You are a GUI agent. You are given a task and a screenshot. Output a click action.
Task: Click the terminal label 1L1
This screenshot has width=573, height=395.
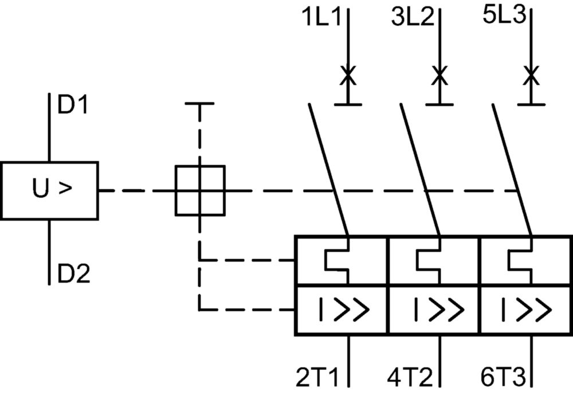click(321, 17)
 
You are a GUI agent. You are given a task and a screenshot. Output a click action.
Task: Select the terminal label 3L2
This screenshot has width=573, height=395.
click(412, 17)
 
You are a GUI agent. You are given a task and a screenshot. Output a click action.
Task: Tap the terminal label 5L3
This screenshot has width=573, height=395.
click(504, 15)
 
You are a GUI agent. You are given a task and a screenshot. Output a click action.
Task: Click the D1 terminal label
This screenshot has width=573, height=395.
click(73, 105)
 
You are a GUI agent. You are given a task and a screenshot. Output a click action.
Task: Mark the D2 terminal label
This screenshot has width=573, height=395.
click(74, 273)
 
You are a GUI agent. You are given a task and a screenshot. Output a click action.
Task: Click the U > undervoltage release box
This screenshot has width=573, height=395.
click(49, 190)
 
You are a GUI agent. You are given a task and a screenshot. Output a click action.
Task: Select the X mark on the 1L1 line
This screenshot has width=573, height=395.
click(348, 75)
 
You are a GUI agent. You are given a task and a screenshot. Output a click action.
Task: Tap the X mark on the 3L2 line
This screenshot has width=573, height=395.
click(439, 75)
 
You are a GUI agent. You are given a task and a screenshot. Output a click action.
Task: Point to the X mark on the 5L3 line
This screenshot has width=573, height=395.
click(531, 75)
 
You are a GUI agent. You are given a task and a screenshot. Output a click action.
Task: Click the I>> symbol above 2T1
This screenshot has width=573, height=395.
click(344, 310)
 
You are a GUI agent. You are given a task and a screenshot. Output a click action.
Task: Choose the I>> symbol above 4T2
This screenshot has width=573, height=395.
click(438, 310)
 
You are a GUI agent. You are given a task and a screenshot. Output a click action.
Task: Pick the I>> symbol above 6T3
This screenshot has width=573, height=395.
click(526, 310)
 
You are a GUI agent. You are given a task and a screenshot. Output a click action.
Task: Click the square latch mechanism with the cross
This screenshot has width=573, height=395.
click(200, 190)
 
